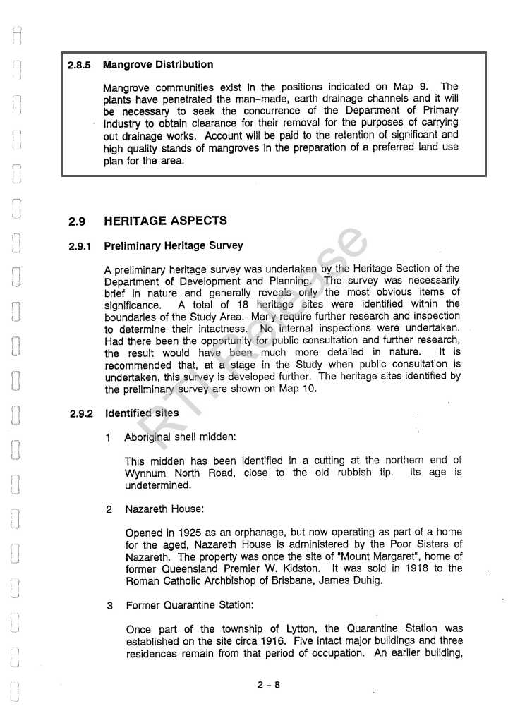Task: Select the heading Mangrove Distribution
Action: pos(157,65)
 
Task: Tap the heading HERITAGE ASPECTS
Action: pos(165,221)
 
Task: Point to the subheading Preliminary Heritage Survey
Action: pos(173,246)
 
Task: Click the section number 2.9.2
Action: pos(81,414)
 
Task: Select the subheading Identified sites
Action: pos(141,413)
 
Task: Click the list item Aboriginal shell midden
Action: pos(180,437)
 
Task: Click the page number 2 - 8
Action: pos(269,684)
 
